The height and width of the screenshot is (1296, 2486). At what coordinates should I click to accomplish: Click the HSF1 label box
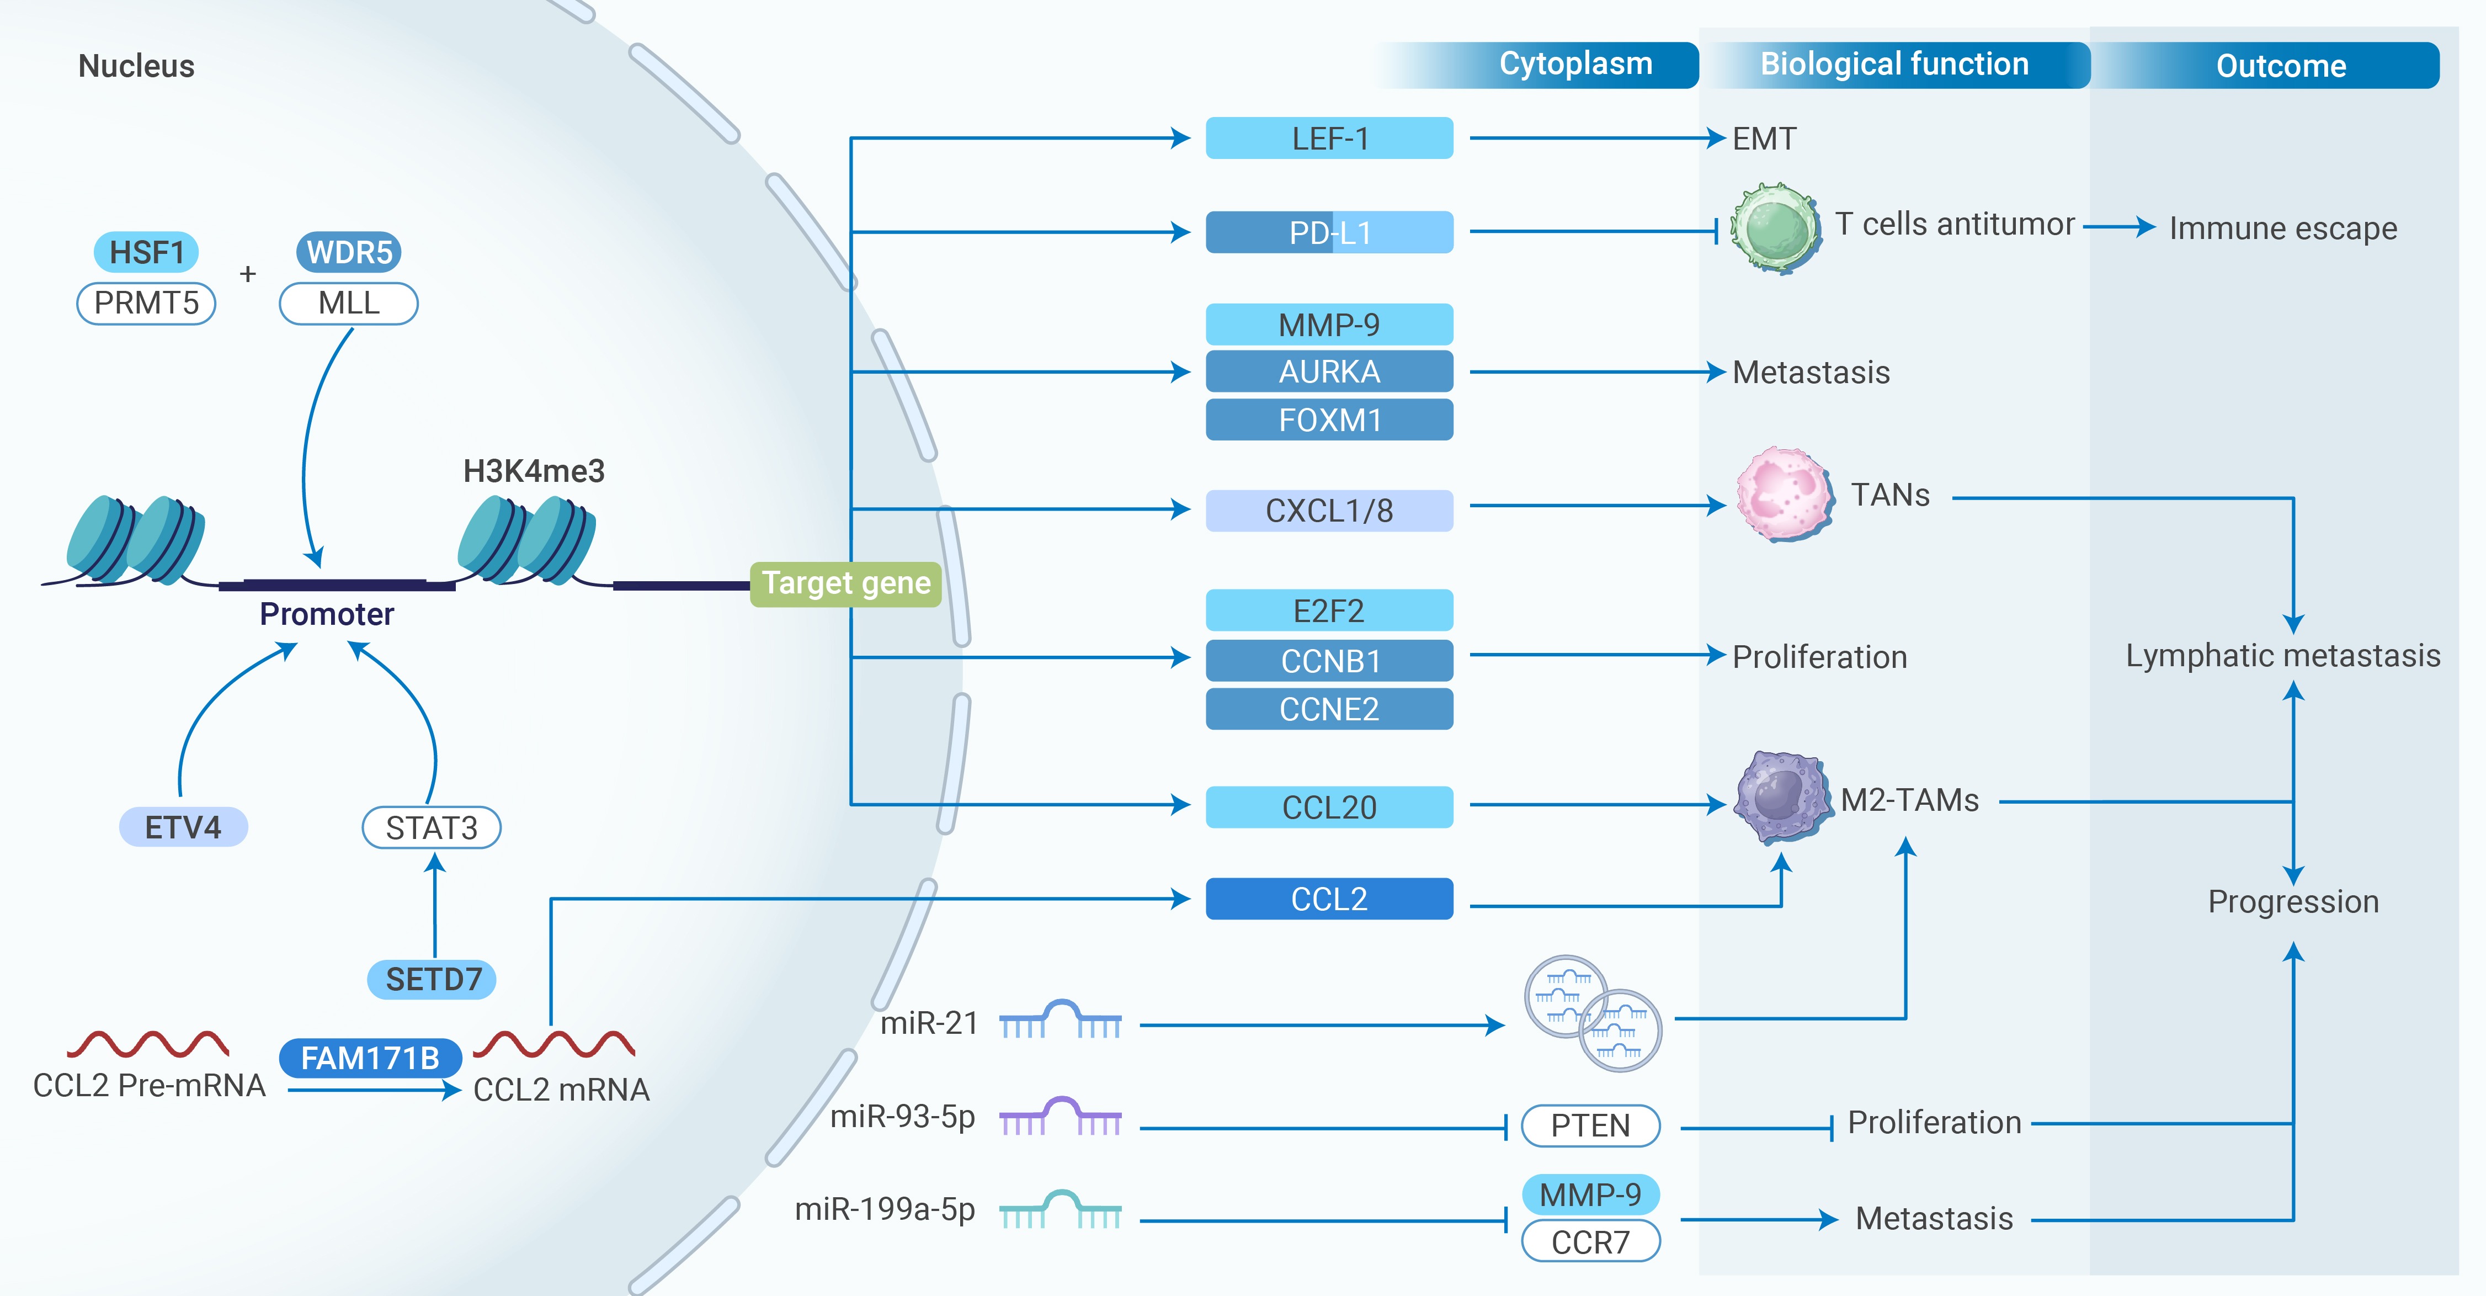click(x=146, y=253)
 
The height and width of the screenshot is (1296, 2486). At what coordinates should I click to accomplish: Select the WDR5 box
click(x=348, y=253)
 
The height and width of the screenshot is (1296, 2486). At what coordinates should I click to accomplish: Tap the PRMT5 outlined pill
click(x=146, y=303)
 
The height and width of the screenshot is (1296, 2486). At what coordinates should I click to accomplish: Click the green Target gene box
click(x=845, y=584)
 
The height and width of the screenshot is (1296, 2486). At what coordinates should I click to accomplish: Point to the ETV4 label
click(x=183, y=827)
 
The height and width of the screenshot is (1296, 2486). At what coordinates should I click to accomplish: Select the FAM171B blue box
click(x=370, y=1059)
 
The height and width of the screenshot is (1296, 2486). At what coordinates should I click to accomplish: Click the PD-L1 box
click(x=1329, y=232)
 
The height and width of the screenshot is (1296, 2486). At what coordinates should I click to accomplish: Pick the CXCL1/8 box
click(x=1329, y=511)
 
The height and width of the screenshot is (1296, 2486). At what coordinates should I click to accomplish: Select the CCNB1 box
click(x=1329, y=661)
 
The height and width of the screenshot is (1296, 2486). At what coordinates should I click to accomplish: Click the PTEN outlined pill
click(x=1589, y=1125)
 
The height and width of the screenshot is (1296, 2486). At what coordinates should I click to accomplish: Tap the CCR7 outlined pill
click(x=1589, y=1242)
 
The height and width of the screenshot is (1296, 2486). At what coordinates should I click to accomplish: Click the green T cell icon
click(x=1774, y=228)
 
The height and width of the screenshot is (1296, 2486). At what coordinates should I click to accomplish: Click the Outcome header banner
click(x=2280, y=66)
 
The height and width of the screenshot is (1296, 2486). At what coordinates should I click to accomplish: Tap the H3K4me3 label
click(x=534, y=471)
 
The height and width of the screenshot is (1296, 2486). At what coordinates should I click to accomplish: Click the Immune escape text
click(x=2282, y=229)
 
